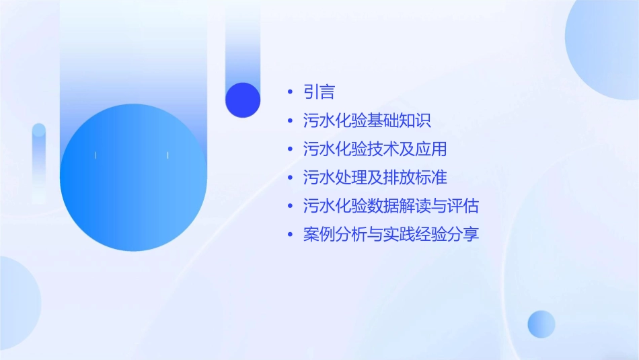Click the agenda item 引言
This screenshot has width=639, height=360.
point(319,92)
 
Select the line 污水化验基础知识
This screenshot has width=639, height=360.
point(367,121)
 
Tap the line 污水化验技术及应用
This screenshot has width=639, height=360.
point(375,149)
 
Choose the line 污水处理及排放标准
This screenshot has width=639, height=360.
point(375,178)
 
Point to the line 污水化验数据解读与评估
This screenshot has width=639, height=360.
point(391,206)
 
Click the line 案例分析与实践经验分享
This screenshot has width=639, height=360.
point(391,235)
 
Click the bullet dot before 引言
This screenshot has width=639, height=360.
point(290,93)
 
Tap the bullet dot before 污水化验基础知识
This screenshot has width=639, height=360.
point(290,122)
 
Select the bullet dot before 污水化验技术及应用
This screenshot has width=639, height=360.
point(290,150)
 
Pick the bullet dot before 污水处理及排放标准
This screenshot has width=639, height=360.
point(290,178)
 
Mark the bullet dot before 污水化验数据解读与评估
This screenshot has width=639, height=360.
point(290,207)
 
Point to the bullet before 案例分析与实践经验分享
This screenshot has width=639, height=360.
point(290,236)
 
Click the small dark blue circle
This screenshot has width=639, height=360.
point(243,100)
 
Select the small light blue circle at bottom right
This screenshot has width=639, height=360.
point(541,324)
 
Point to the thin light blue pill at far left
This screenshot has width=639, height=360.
point(39,161)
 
